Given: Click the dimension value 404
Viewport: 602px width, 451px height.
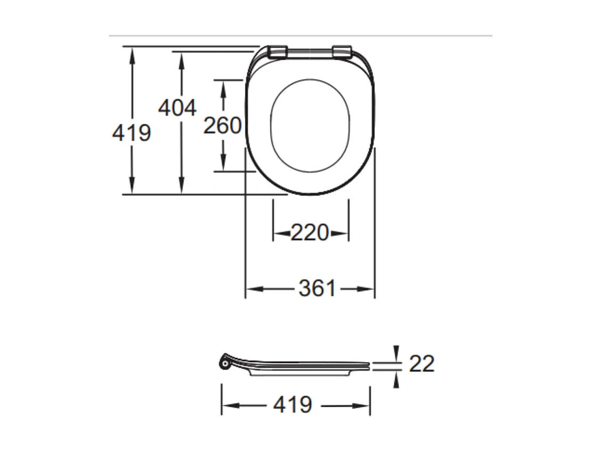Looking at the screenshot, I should click(177, 108).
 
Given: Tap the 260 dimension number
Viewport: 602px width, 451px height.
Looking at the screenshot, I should click(222, 126).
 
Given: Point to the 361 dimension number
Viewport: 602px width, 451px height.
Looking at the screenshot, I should click(318, 289).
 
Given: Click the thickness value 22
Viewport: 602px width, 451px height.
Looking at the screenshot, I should click(421, 364).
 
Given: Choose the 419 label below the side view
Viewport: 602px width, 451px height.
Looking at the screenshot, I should click(292, 405).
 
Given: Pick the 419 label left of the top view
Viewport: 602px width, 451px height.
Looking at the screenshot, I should click(131, 133).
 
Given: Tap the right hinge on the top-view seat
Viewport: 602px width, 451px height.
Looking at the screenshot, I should click(342, 51).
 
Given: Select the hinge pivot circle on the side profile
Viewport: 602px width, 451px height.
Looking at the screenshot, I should click(224, 363).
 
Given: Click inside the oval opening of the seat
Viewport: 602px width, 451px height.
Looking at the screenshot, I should click(310, 126).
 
